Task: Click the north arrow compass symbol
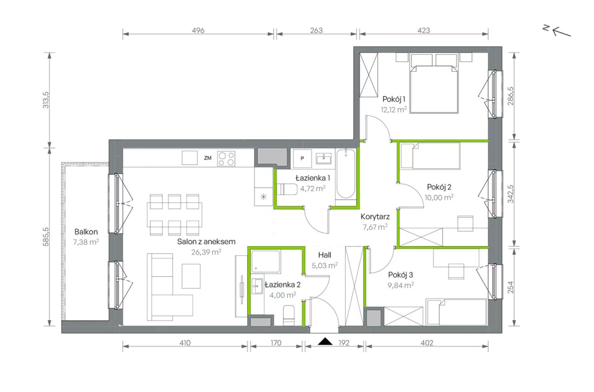[x=557, y=31]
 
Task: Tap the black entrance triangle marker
[x=325, y=341]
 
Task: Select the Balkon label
[x=86, y=232]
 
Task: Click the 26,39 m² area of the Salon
[x=206, y=252]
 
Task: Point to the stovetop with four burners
[x=226, y=159]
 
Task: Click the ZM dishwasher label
[x=207, y=158]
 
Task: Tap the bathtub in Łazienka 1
[x=346, y=174]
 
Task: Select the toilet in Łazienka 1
[x=286, y=189]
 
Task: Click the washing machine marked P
[x=302, y=158]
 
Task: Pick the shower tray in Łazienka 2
[x=266, y=261]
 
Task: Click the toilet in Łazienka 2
[x=289, y=315]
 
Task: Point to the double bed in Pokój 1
[x=434, y=83]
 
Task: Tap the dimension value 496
[x=198, y=31]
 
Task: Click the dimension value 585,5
[x=46, y=237]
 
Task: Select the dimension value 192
[x=344, y=343]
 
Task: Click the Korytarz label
[x=375, y=217]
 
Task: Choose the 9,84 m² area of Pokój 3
[x=400, y=285]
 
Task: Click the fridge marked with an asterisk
[x=264, y=196]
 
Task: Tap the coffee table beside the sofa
[x=191, y=276]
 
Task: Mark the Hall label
[x=324, y=255]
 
